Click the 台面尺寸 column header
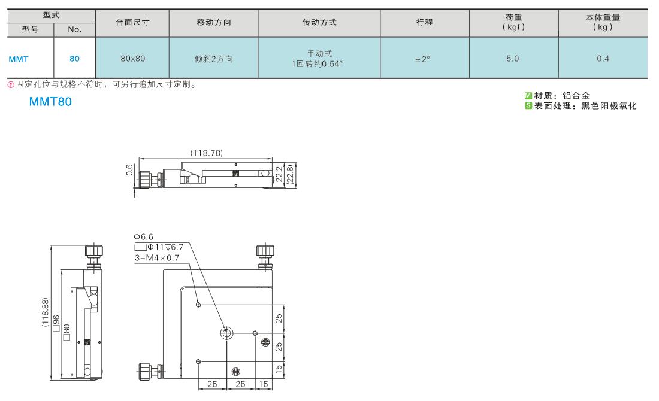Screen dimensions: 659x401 click(x=132, y=22)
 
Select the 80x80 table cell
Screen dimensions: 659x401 click(x=133, y=59)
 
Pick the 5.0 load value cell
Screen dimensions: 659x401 click(x=513, y=59)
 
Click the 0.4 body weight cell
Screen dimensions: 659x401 click(x=603, y=59)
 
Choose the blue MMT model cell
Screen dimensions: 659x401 click(x=19, y=59)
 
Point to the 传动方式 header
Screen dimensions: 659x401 click(x=319, y=22)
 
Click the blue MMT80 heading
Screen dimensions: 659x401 click(x=50, y=102)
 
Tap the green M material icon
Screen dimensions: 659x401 click(x=528, y=96)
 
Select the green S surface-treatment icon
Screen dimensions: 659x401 click(x=528, y=106)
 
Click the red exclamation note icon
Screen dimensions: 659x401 click(x=11, y=84)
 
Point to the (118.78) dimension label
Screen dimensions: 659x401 click(x=206, y=153)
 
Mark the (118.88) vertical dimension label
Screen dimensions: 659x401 click(x=46, y=312)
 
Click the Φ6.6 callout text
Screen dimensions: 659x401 click(x=144, y=237)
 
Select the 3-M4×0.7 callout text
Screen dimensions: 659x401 click(x=157, y=258)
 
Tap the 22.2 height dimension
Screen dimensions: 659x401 click(x=279, y=174)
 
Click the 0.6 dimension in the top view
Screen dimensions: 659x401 click(x=129, y=170)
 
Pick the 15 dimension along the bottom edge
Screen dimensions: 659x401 click(x=264, y=384)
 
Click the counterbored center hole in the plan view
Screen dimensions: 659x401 click(x=226, y=333)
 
